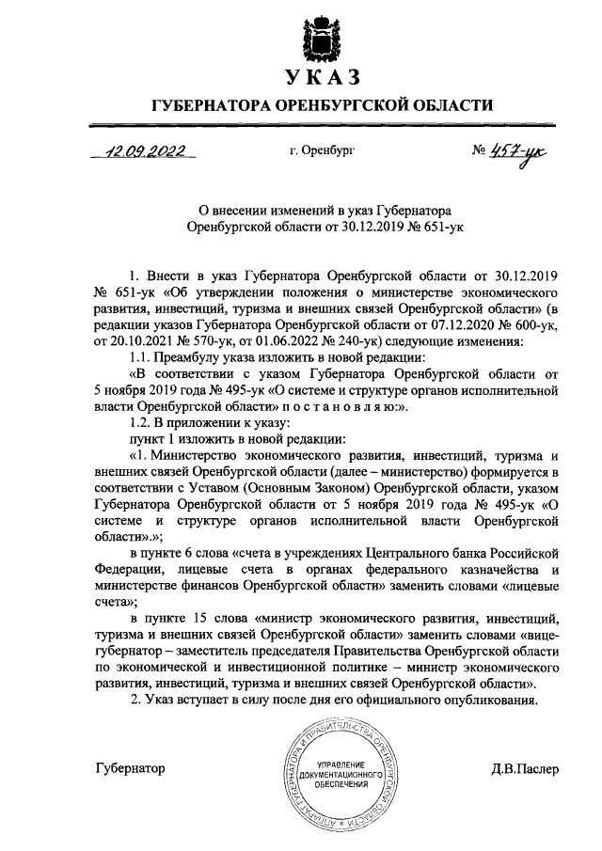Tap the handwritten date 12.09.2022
click(x=147, y=150)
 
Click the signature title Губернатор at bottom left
click(x=131, y=768)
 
